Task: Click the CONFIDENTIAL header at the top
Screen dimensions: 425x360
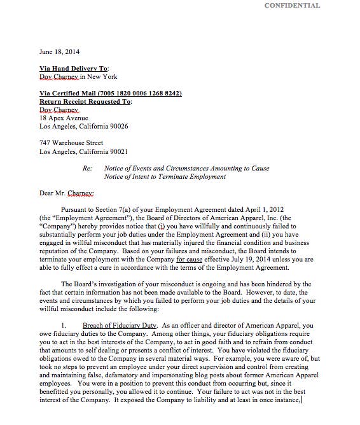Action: tap(292, 6)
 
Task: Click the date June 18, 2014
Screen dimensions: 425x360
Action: tap(59, 52)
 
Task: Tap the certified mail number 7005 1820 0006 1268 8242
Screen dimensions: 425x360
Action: tap(141, 94)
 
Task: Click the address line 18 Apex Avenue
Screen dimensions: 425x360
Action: tap(64, 118)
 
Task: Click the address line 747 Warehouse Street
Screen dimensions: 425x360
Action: tap(71, 143)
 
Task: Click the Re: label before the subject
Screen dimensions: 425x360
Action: tap(88, 169)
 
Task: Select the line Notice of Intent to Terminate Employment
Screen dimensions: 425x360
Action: tap(165, 177)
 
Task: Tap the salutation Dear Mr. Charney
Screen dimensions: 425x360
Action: tap(67, 193)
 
